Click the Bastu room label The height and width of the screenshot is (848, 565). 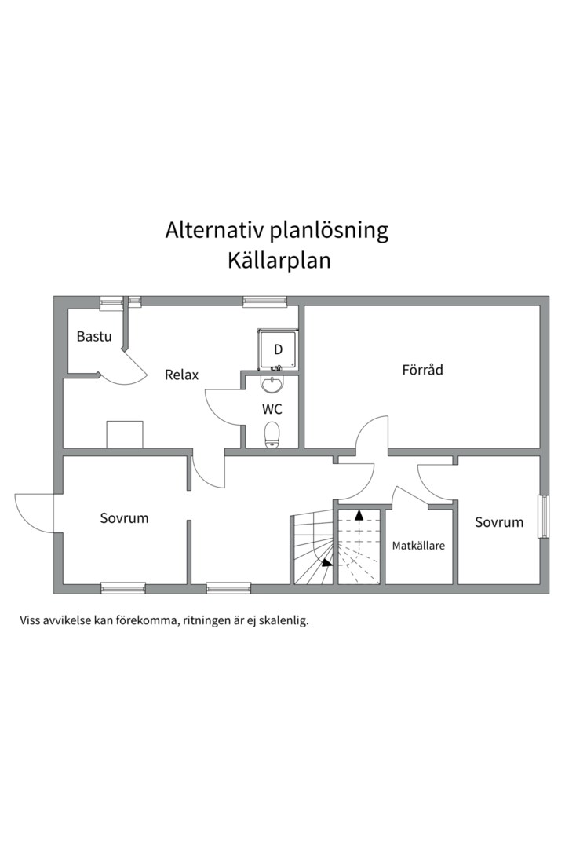pyautogui.click(x=94, y=337)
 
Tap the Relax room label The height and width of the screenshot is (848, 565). pyautogui.click(x=181, y=375)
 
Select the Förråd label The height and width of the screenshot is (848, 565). pyautogui.click(x=422, y=369)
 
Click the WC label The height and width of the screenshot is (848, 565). pyautogui.click(x=272, y=409)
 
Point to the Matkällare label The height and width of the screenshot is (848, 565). pyautogui.click(x=418, y=545)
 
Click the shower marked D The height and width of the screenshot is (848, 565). pyautogui.click(x=277, y=349)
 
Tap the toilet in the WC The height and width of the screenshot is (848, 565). pyautogui.click(x=272, y=434)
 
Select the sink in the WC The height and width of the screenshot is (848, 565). pyautogui.click(x=272, y=385)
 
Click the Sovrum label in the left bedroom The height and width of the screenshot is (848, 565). pyautogui.click(x=124, y=518)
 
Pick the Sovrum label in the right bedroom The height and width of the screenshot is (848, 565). pyautogui.click(x=499, y=522)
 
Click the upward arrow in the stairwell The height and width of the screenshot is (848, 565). pyautogui.click(x=359, y=516)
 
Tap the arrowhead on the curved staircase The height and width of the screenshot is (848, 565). pyautogui.click(x=326, y=561)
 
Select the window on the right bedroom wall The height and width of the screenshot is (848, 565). pyautogui.click(x=543, y=516)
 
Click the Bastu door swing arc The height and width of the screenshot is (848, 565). pyautogui.click(x=126, y=369)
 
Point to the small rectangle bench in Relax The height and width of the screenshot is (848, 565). pyautogui.click(x=125, y=434)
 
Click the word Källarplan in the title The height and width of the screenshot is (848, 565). pyautogui.click(x=279, y=261)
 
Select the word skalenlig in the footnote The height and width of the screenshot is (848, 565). pyautogui.click(x=282, y=620)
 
